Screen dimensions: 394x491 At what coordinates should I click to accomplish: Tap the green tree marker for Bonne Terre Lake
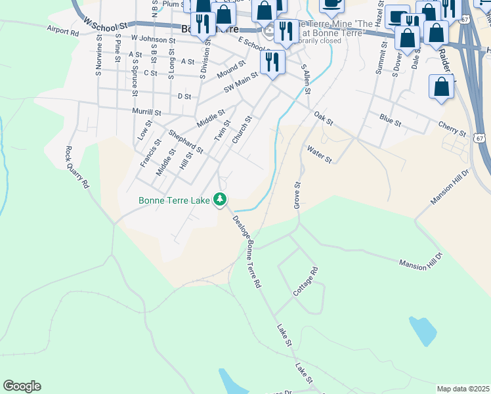click(222, 200)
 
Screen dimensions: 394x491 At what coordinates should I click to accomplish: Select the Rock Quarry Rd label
click(76, 167)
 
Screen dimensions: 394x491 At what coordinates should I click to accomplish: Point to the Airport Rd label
click(63, 29)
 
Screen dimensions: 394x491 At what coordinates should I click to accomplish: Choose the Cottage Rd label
click(306, 280)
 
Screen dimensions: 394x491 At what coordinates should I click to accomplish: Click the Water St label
click(319, 155)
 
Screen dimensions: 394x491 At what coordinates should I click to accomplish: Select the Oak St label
click(324, 118)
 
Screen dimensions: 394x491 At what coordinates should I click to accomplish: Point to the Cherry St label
click(452, 128)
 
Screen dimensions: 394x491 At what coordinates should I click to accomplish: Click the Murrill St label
click(146, 112)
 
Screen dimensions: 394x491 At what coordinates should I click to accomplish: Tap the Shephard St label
click(186, 141)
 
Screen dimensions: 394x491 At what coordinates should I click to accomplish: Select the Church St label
click(242, 131)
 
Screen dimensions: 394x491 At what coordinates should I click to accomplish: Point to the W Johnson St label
click(153, 40)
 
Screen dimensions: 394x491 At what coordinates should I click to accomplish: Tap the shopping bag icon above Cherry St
click(442, 86)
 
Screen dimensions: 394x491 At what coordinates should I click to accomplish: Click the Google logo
click(22, 386)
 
